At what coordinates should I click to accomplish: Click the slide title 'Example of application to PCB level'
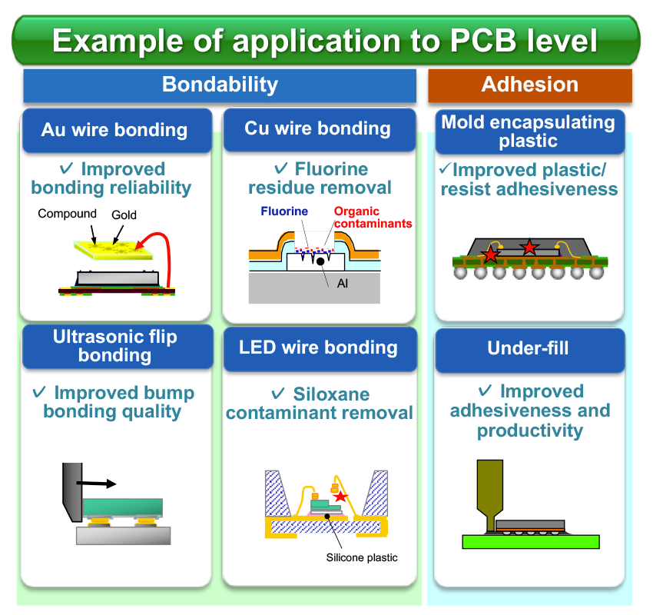(x=326, y=40)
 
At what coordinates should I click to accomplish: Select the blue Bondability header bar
(x=220, y=85)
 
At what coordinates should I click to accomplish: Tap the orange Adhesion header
(x=529, y=85)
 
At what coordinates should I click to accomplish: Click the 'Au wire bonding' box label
(x=114, y=129)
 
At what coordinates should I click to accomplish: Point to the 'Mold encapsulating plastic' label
(x=529, y=131)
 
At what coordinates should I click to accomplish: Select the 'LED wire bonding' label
(x=318, y=347)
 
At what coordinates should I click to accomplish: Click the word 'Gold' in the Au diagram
(x=125, y=214)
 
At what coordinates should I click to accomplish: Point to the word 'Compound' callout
(x=67, y=214)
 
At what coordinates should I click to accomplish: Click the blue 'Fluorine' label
(x=283, y=211)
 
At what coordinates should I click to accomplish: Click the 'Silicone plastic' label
(x=362, y=557)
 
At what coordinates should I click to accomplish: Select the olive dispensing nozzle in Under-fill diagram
(x=489, y=493)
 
